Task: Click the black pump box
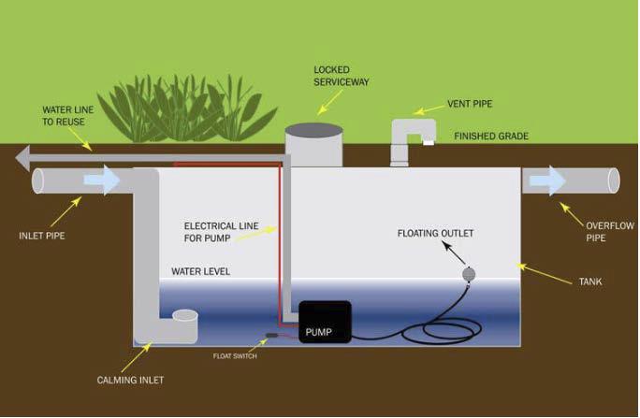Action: (x=325, y=322)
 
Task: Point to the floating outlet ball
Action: (x=471, y=274)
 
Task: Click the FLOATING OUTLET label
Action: (x=435, y=232)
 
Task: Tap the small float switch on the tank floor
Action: (x=272, y=336)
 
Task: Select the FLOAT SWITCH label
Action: (x=234, y=355)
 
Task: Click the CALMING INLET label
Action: (x=132, y=381)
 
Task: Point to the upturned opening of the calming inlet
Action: (x=185, y=317)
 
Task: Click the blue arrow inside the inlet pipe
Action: (x=102, y=180)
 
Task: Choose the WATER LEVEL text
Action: (x=200, y=272)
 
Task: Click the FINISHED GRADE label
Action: (x=491, y=137)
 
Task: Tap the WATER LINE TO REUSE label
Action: (x=66, y=116)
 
